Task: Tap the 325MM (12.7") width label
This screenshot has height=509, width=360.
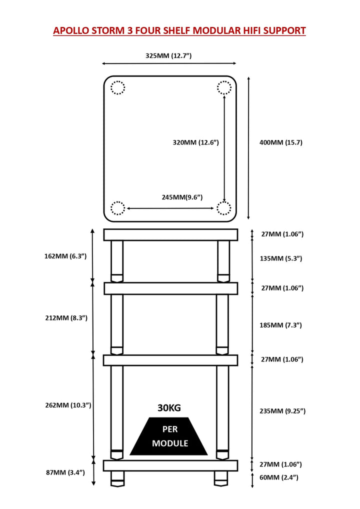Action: (x=168, y=55)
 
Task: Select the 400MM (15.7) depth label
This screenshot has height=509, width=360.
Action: (x=281, y=142)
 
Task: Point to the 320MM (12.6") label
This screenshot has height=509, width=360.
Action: (x=196, y=142)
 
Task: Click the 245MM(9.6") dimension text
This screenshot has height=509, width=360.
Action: (x=182, y=197)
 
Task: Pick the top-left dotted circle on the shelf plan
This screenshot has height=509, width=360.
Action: (x=117, y=88)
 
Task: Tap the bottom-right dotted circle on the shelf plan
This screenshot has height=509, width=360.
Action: (x=224, y=208)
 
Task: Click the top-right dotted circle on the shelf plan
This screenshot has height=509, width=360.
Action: (x=224, y=88)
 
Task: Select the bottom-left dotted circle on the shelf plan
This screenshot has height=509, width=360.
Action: (x=117, y=208)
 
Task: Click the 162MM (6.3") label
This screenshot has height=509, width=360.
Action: (x=65, y=256)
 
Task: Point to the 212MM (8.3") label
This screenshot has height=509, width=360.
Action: (x=65, y=318)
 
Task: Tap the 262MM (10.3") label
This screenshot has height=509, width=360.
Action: (x=68, y=405)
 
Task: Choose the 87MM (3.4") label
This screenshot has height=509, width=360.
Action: (x=65, y=472)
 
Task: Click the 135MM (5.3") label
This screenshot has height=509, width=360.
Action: (x=280, y=258)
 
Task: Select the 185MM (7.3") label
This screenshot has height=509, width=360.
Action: (x=280, y=325)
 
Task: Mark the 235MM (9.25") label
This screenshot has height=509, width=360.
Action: (x=282, y=411)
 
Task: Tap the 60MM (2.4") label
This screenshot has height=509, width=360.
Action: (x=278, y=477)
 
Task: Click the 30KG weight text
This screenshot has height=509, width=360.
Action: (x=169, y=407)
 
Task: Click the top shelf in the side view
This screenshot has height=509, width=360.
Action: (x=170, y=234)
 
